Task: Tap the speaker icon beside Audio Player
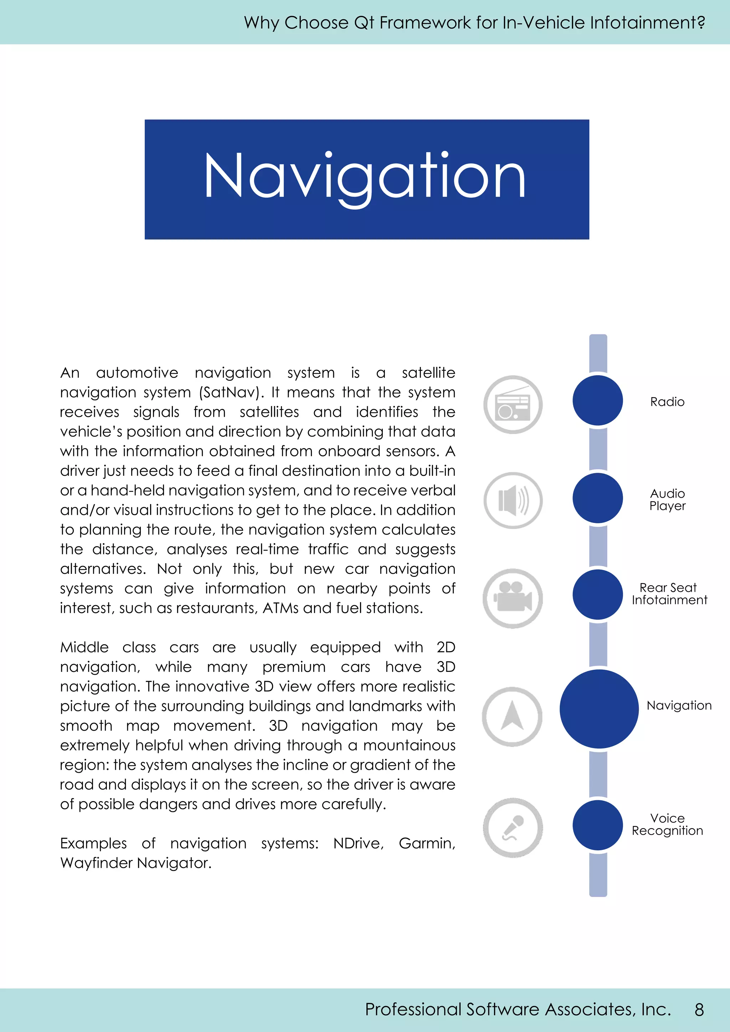(x=513, y=500)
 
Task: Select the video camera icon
(x=513, y=598)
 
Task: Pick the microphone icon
(x=513, y=828)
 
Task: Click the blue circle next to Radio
(x=598, y=400)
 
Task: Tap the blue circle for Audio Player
(x=598, y=498)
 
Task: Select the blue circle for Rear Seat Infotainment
(x=598, y=594)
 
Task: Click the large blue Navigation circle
(x=599, y=709)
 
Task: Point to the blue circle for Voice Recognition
(x=598, y=825)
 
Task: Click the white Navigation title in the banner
(x=365, y=177)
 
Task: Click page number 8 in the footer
(x=699, y=1010)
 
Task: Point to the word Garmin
(x=426, y=843)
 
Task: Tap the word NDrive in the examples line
(x=358, y=843)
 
